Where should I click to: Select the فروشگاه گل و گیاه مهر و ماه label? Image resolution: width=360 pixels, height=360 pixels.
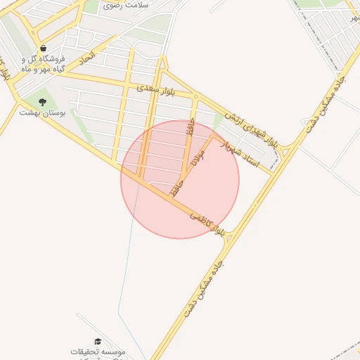coord(44,64)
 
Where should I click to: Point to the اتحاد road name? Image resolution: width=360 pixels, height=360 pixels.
coord(86,61)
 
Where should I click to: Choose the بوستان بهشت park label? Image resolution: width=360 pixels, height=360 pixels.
coord(41,112)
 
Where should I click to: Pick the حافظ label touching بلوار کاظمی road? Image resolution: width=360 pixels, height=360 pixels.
coord(177,188)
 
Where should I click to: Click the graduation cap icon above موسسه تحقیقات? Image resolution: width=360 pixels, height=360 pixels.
coord(98,341)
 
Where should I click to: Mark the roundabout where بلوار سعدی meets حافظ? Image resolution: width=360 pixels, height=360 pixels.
coord(195,97)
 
